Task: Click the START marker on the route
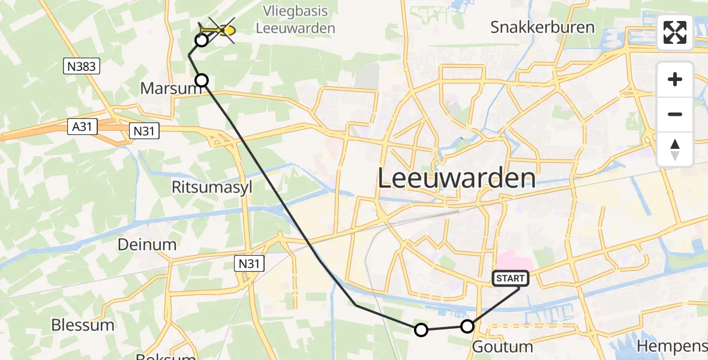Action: pos(511,278)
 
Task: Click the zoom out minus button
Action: pos(675,114)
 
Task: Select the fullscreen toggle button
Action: pos(675,32)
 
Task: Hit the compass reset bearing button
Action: pos(675,149)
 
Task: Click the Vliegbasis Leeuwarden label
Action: pos(295,19)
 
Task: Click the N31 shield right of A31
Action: pos(145,130)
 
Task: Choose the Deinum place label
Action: pos(147,244)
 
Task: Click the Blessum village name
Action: pos(82,325)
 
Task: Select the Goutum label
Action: pos(502,346)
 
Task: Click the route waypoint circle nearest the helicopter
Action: pos(202,40)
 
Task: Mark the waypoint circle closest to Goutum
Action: pos(467,326)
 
